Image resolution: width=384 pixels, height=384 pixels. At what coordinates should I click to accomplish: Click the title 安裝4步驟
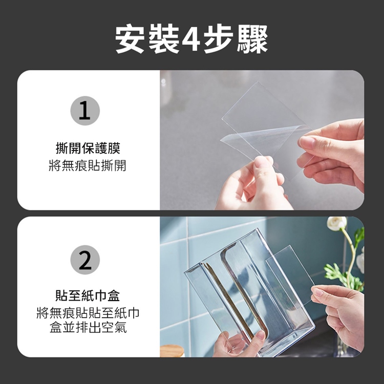(x=191, y=39)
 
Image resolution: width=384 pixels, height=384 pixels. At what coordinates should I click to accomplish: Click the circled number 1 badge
(x=85, y=111)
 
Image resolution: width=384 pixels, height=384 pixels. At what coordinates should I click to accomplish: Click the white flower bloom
(x=337, y=224)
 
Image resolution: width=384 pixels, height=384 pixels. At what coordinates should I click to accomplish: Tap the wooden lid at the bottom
(x=172, y=351)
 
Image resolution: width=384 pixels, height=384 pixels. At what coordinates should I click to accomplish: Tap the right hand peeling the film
(x=333, y=154)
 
